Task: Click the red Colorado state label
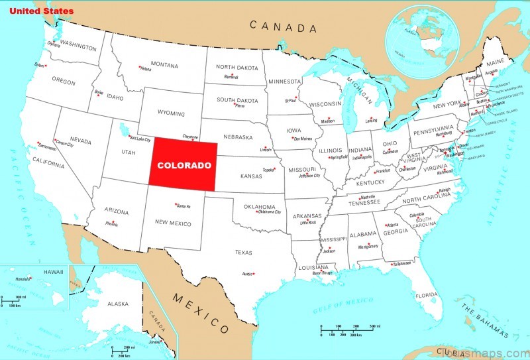[184, 165]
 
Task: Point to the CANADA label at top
[283, 27]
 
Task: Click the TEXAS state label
[244, 252]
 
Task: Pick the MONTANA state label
[164, 65]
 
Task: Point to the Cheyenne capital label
[190, 135]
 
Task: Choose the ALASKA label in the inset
[117, 304]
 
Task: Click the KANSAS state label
[251, 176]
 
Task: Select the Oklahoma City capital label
[269, 212]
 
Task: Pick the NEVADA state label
[80, 141]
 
